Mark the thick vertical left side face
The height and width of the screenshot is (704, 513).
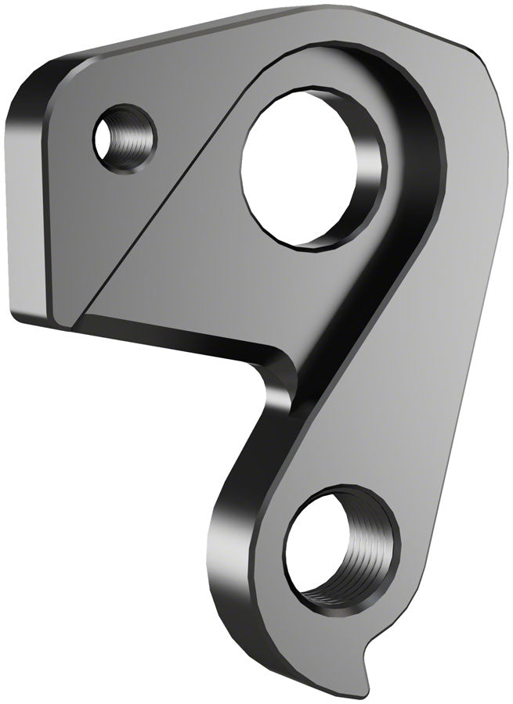(27, 211)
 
